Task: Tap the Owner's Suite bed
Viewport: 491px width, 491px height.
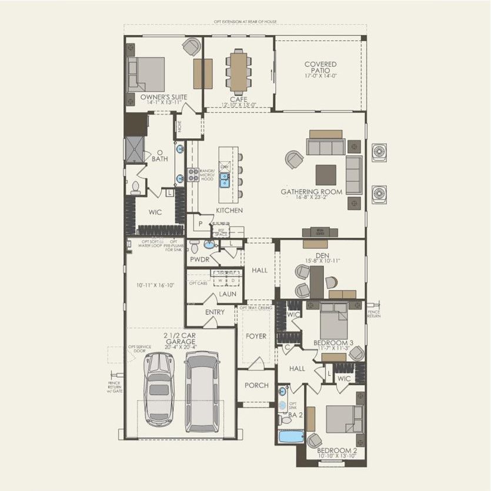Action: (147, 74)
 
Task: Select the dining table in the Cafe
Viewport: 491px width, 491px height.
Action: (239, 68)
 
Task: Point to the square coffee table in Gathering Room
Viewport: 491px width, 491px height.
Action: (326, 175)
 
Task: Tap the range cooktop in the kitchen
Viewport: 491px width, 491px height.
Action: (193, 174)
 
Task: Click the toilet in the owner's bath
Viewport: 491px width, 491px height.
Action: (136, 188)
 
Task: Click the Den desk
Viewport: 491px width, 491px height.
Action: (318, 282)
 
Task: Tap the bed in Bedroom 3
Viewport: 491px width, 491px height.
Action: (334, 325)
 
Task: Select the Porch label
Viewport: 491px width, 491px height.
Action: (256, 386)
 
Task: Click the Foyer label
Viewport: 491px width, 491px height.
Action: (256, 336)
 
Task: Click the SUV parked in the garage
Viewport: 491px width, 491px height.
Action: (201, 390)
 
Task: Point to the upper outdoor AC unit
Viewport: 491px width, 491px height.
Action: (379, 152)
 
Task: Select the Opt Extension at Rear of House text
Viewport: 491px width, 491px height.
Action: (245, 22)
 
